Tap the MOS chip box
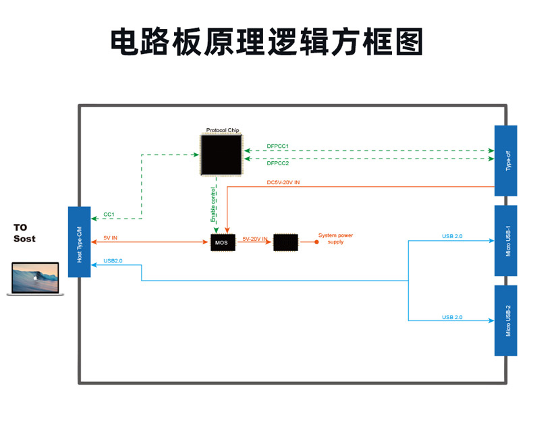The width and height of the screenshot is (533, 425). (x=223, y=242)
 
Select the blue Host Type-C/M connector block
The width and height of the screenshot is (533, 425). (x=80, y=242)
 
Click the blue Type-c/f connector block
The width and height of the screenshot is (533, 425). (x=506, y=161)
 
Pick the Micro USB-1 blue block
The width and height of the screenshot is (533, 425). (x=506, y=241)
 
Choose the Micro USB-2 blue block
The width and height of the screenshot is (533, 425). (x=506, y=320)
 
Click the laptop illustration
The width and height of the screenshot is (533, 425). (x=35, y=279)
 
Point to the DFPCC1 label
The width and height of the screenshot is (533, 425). (x=277, y=146)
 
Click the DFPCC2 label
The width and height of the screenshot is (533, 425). (x=277, y=163)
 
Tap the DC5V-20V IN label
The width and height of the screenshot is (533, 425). (x=283, y=182)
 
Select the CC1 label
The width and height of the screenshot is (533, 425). (x=109, y=215)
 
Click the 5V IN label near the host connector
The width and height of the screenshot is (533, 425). (x=111, y=237)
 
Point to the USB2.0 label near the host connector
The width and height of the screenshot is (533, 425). (x=113, y=260)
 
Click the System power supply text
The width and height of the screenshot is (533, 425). (x=335, y=239)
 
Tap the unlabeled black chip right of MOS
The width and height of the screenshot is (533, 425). (x=286, y=242)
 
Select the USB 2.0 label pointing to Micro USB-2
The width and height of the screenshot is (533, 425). (x=452, y=317)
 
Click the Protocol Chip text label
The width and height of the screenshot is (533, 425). (x=223, y=130)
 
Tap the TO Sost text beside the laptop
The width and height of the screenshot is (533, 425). (x=25, y=233)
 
